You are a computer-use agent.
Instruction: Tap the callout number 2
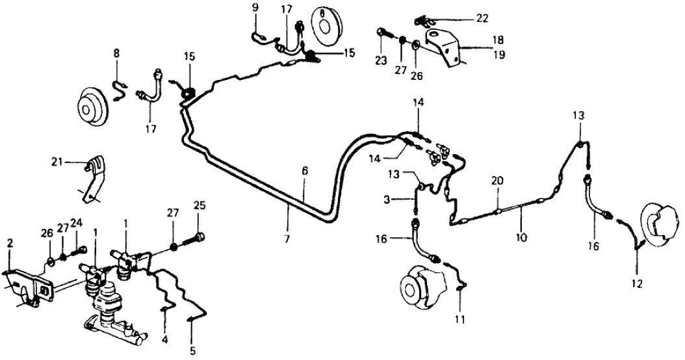tap(10, 243)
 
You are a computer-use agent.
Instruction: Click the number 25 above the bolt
tap(200, 207)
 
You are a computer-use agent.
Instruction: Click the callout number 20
tap(497, 183)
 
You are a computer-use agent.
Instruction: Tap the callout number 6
tap(304, 171)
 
